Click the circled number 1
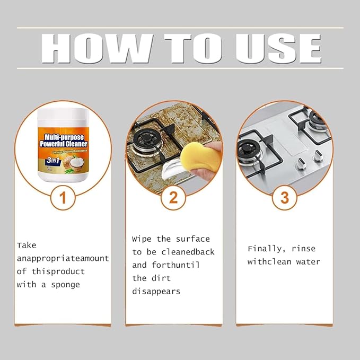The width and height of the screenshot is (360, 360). [x=63, y=198]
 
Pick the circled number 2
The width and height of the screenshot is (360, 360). [x=173, y=198]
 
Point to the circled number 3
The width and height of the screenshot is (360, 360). [x=284, y=198]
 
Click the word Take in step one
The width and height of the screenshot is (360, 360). [x=27, y=245]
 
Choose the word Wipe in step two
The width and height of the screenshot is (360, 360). [x=142, y=239]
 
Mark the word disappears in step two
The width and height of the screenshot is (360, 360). [x=156, y=291]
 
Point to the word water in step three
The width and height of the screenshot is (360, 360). [x=308, y=261]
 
